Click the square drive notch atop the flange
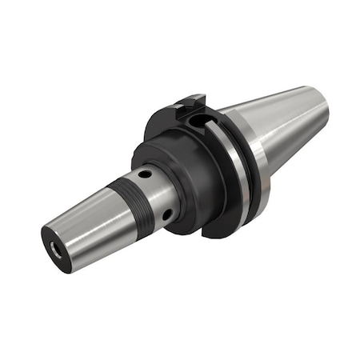point(186,102)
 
